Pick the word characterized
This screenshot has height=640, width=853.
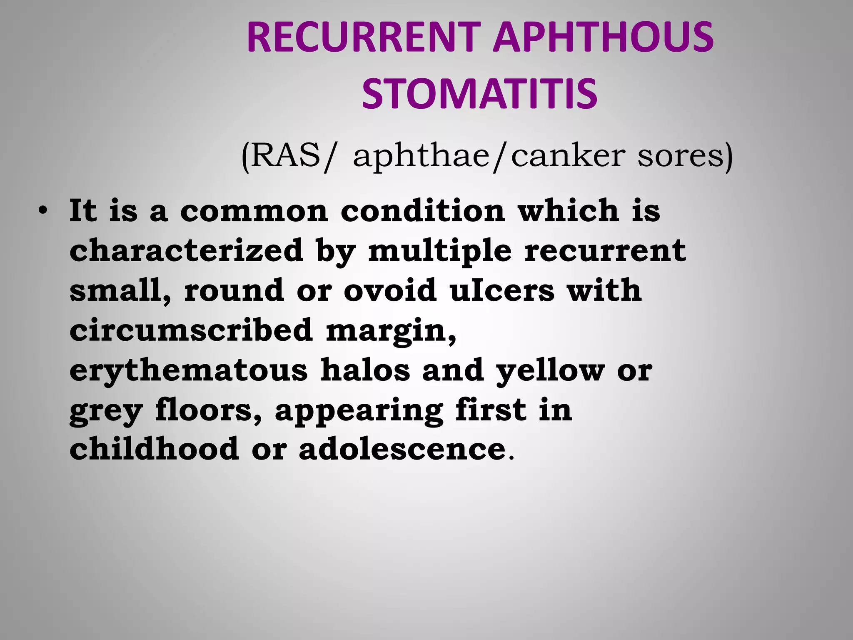186,250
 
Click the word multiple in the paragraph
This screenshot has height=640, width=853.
440,251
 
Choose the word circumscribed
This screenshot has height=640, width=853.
191,330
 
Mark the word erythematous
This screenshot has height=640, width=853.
188,370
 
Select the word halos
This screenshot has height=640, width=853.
365,370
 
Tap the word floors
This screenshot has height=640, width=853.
209,410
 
